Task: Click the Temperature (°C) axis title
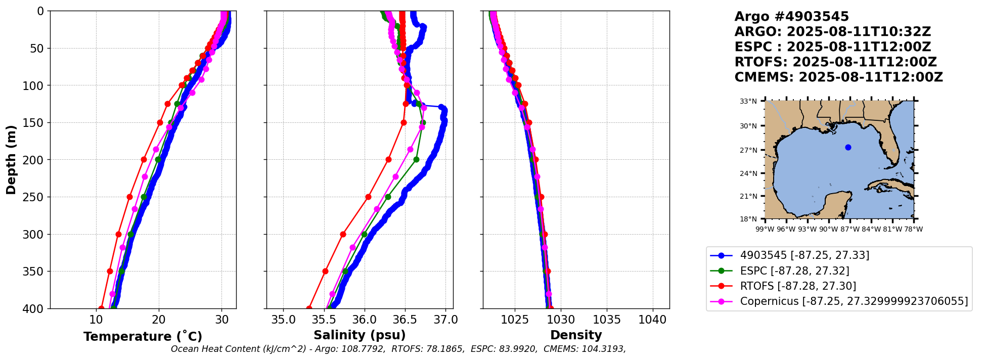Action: click(x=143, y=336)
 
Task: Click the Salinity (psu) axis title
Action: click(x=360, y=335)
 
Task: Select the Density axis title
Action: click(x=576, y=335)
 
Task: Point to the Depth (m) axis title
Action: click(x=11, y=160)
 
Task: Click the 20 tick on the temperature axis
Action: click(x=159, y=320)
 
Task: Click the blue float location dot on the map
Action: click(x=848, y=148)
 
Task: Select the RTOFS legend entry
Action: click(x=798, y=286)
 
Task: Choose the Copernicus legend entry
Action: click(x=854, y=302)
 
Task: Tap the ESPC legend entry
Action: click(x=794, y=271)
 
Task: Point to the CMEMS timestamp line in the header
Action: click(x=838, y=77)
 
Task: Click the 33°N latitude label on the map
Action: click(x=748, y=101)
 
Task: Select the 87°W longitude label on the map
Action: click(x=850, y=229)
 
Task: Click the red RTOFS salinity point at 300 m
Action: click(x=343, y=234)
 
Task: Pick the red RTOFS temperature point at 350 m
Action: click(x=110, y=272)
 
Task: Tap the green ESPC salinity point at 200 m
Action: click(x=416, y=160)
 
